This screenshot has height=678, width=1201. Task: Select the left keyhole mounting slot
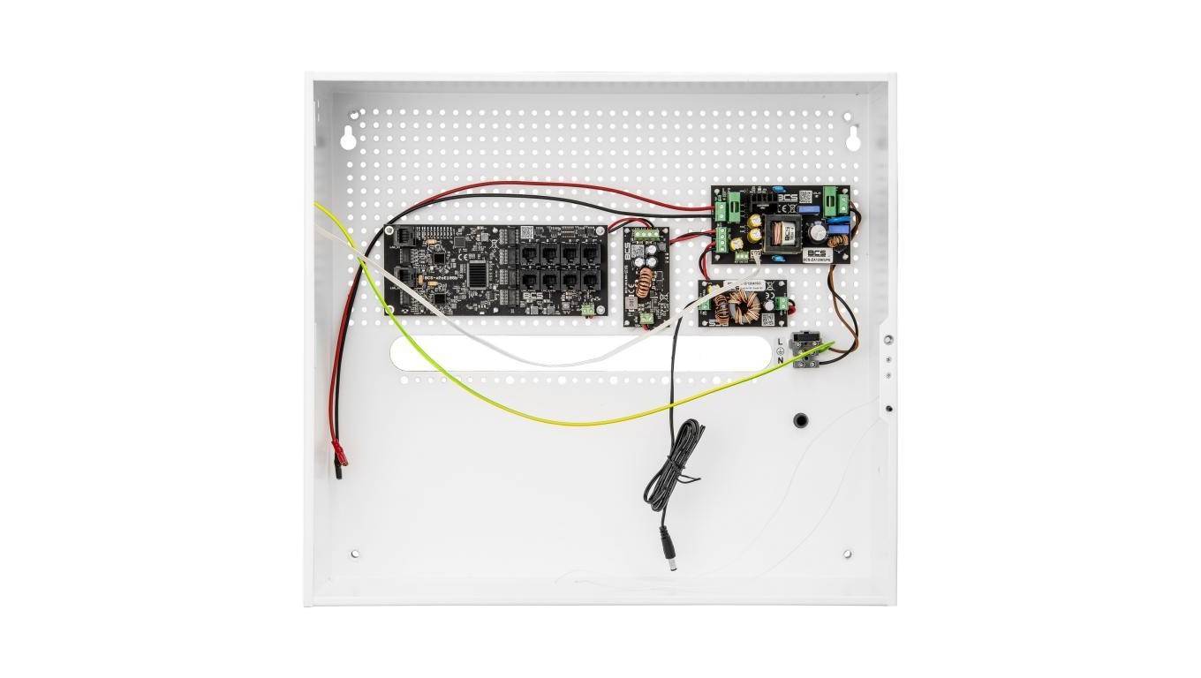pos(348,138)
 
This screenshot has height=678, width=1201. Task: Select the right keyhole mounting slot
pos(853,138)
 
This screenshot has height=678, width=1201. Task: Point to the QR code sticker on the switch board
pos(527,233)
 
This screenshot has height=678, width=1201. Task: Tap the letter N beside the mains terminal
pos(780,360)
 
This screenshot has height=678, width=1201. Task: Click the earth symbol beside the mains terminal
pos(780,350)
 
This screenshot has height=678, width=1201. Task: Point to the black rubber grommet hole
pos(801,420)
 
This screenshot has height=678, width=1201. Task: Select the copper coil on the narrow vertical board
pos(646,282)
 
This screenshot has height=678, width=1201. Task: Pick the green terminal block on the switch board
pos(587,308)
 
